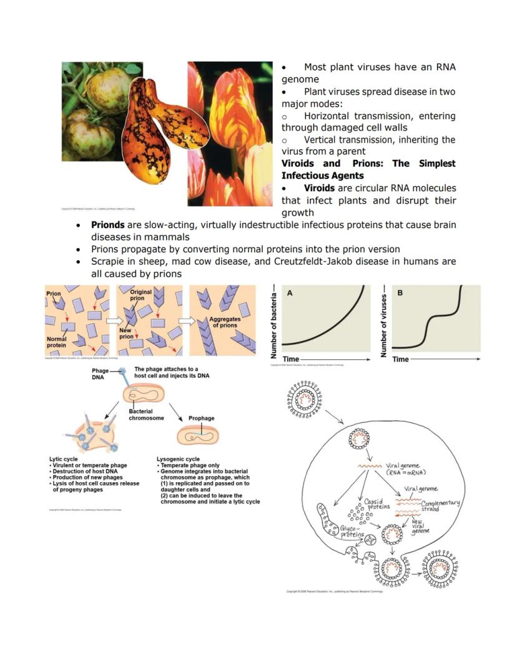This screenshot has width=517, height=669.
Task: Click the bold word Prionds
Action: point(108,225)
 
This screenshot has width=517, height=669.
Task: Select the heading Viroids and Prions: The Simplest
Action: point(368,164)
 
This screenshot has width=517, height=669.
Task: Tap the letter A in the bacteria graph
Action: point(290,292)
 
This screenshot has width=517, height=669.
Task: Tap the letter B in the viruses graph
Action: point(400,292)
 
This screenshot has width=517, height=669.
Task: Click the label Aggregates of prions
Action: point(224,322)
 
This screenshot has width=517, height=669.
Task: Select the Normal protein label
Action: point(56,342)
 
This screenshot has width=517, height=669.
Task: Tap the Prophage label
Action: point(201,419)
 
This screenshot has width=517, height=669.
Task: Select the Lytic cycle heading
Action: point(64,460)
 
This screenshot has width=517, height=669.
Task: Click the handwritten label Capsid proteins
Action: point(377,503)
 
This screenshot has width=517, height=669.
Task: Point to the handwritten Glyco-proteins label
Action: point(356,532)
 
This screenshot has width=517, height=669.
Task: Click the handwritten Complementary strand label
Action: point(440,506)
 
